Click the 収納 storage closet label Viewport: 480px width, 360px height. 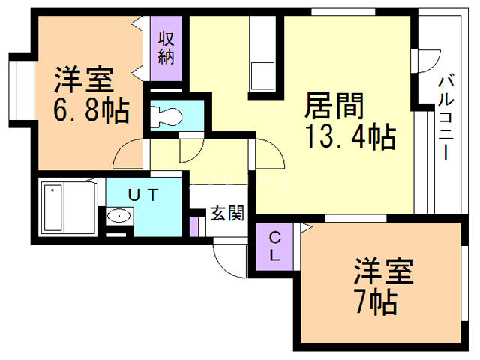[166, 47]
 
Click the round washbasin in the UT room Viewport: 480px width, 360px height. [118, 217]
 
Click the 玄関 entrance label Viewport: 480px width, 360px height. [226, 214]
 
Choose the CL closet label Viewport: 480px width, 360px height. [275, 247]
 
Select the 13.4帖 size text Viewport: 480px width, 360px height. [350, 136]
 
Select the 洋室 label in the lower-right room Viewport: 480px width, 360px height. [383, 270]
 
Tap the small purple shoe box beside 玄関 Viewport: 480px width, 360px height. [193, 226]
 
